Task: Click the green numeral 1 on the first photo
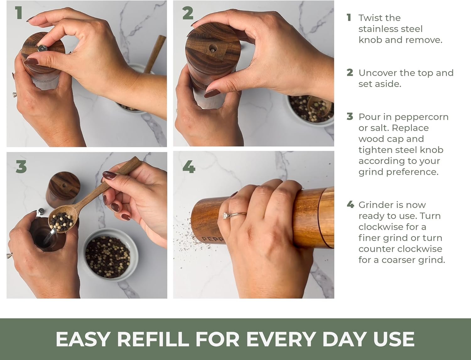pos(19,13)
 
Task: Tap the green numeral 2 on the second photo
pos(188,14)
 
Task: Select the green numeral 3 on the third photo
pos(21,166)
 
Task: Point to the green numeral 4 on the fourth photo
pos(189,166)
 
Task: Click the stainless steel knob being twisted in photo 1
pos(42,48)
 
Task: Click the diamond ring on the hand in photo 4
pos(225,215)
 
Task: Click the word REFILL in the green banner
pos(153,339)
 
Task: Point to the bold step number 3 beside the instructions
pos(350,117)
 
